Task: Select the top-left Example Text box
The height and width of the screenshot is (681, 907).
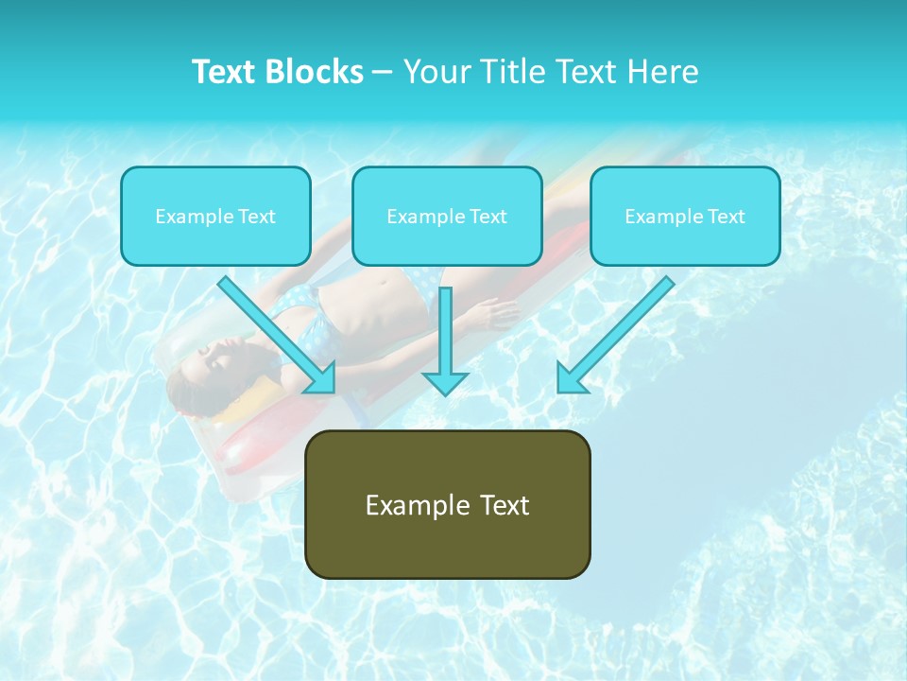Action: tap(215, 216)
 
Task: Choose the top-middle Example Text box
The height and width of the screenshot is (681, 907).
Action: tap(447, 216)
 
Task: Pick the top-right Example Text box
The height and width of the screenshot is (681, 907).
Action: tap(685, 216)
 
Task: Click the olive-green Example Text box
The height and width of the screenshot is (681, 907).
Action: tap(447, 504)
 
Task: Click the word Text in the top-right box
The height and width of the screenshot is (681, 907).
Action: tap(726, 216)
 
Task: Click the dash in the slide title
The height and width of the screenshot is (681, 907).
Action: tap(383, 72)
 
